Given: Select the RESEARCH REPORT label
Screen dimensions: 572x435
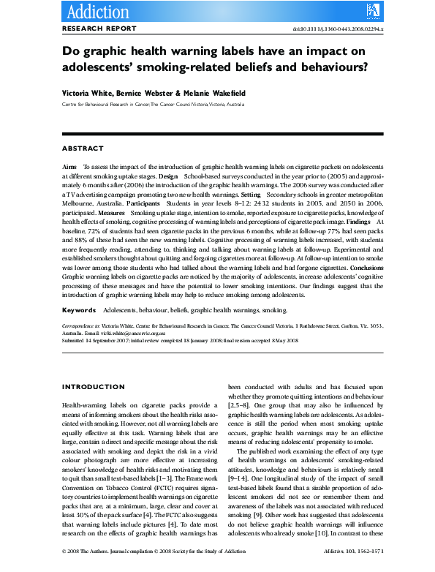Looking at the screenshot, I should tap(99, 29).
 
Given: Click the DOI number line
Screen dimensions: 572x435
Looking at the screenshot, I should tap(348, 29).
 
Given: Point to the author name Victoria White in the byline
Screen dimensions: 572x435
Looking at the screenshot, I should tap(83, 94).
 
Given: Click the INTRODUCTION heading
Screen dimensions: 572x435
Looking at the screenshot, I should tap(93, 387).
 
